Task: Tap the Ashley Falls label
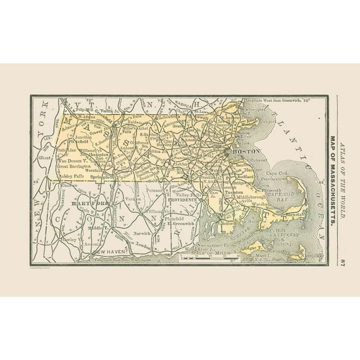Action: pyautogui.click(x=57, y=176)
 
